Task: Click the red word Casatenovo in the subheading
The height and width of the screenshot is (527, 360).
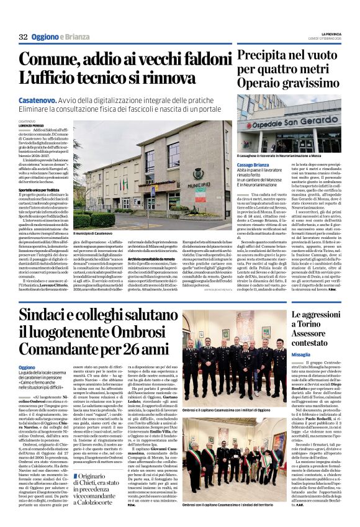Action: [x=38, y=99]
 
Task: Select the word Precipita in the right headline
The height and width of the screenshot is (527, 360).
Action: [x=266, y=56]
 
